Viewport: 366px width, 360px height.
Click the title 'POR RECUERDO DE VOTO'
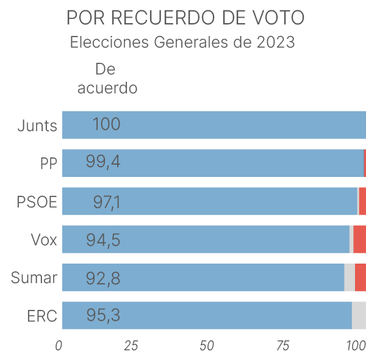click(x=185, y=18)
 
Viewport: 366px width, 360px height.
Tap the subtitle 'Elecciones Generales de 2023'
click(x=182, y=43)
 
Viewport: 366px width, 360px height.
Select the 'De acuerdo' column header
click(x=107, y=78)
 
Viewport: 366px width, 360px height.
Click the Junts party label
click(x=37, y=126)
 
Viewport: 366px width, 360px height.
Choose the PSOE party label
click(x=37, y=202)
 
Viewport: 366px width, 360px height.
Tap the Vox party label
click(x=44, y=240)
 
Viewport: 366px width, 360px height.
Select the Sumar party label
click(x=34, y=278)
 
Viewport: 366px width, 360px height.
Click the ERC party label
click(x=42, y=316)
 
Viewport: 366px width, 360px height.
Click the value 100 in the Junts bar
click(x=106, y=125)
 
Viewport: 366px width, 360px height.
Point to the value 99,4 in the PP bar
click(x=103, y=164)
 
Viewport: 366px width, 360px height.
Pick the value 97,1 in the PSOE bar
click(x=107, y=202)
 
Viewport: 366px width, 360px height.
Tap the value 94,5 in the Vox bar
click(x=103, y=240)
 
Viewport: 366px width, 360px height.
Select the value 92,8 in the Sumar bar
click(x=103, y=278)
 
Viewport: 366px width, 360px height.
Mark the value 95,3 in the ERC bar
click(x=103, y=316)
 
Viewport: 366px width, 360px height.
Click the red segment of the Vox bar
click(x=359, y=239)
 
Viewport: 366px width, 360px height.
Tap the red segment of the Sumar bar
click(x=360, y=278)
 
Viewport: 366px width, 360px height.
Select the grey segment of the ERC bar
click(x=359, y=315)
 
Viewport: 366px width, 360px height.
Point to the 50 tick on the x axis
click(x=207, y=346)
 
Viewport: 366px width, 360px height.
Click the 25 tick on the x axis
click(x=131, y=346)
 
